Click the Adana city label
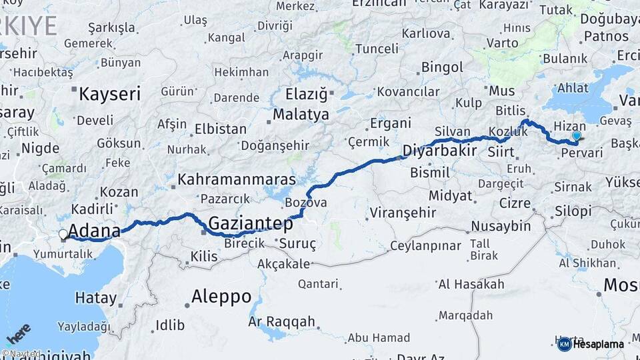(94, 231)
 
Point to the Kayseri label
(109, 94)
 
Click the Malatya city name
(301, 115)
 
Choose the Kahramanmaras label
(237, 180)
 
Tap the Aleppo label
(221, 296)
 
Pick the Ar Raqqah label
(281, 322)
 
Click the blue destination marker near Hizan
(577, 136)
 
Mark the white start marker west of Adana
(63, 235)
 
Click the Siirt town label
(500, 152)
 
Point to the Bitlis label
(511, 110)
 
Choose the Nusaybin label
(501, 225)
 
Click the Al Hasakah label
(471, 285)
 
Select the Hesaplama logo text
(599, 344)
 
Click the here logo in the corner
(19, 333)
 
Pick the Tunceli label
(377, 49)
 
